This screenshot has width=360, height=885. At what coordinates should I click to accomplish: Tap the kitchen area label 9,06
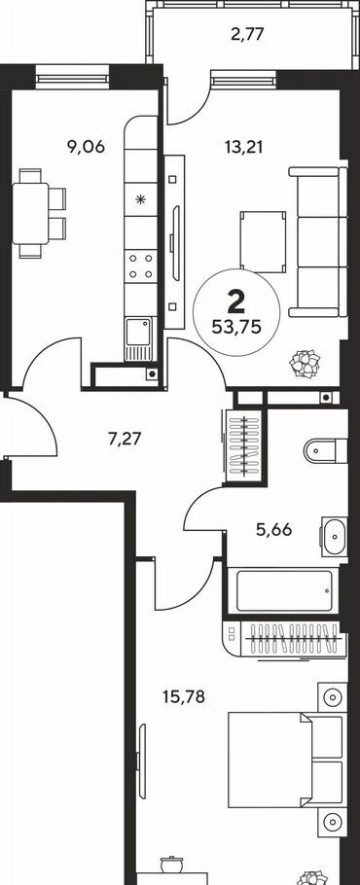(87, 147)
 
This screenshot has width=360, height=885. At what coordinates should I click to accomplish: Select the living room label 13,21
(244, 147)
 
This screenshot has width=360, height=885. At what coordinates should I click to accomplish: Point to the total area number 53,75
(236, 327)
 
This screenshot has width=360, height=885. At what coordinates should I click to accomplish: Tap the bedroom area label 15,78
(184, 697)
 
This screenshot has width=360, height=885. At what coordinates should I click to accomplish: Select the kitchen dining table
(30, 213)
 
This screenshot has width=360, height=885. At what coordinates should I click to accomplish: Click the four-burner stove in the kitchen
(140, 266)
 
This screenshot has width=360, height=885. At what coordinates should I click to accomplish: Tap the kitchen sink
(139, 337)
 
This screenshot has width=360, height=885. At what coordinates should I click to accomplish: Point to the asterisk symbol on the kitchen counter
(140, 199)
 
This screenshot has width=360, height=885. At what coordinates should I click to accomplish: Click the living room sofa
(317, 241)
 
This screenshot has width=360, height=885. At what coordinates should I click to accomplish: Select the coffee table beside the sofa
(263, 241)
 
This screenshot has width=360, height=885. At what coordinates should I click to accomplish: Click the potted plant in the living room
(306, 364)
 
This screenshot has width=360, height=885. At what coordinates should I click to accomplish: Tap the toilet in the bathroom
(326, 451)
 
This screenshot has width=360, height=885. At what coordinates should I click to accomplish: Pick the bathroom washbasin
(335, 536)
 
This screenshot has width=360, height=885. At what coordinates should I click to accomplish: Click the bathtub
(284, 591)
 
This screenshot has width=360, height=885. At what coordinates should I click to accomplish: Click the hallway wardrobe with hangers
(244, 444)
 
